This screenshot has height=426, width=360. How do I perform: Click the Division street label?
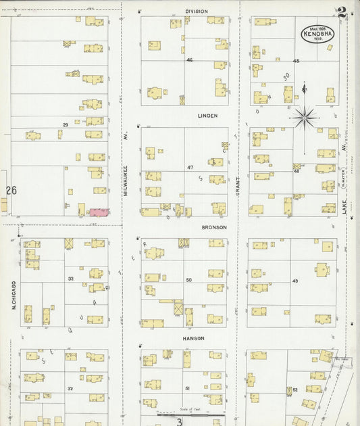pyautogui.click(x=197, y=11)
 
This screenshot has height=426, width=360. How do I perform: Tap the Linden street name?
pyautogui.click(x=207, y=116)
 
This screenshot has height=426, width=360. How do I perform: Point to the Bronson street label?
pyautogui.click(x=213, y=228)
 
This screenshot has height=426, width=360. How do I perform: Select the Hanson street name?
pyautogui.click(x=193, y=337)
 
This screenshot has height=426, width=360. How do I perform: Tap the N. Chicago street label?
pyautogui.click(x=14, y=295)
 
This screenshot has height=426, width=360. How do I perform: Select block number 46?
pyautogui.click(x=190, y=60)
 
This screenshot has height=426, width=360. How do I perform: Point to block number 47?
pyautogui.click(x=190, y=167)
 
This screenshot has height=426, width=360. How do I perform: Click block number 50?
pyautogui.click(x=189, y=280)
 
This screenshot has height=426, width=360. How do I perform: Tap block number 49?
pyautogui.click(x=295, y=281)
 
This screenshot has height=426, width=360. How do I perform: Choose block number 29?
pyautogui.click(x=66, y=125)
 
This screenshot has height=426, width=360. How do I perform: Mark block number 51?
pyautogui.click(x=188, y=388)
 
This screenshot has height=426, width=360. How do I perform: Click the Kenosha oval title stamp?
pyautogui.click(x=317, y=34)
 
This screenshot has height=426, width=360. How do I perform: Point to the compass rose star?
pyautogui.click(x=305, y=118)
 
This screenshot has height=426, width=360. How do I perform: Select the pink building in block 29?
pyautogui.click(x=99, y=212)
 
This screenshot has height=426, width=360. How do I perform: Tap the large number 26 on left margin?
pyautogui.click(x=11, y=191)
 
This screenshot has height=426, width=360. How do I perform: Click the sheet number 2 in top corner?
pyautogui.click(x=342, y=12)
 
